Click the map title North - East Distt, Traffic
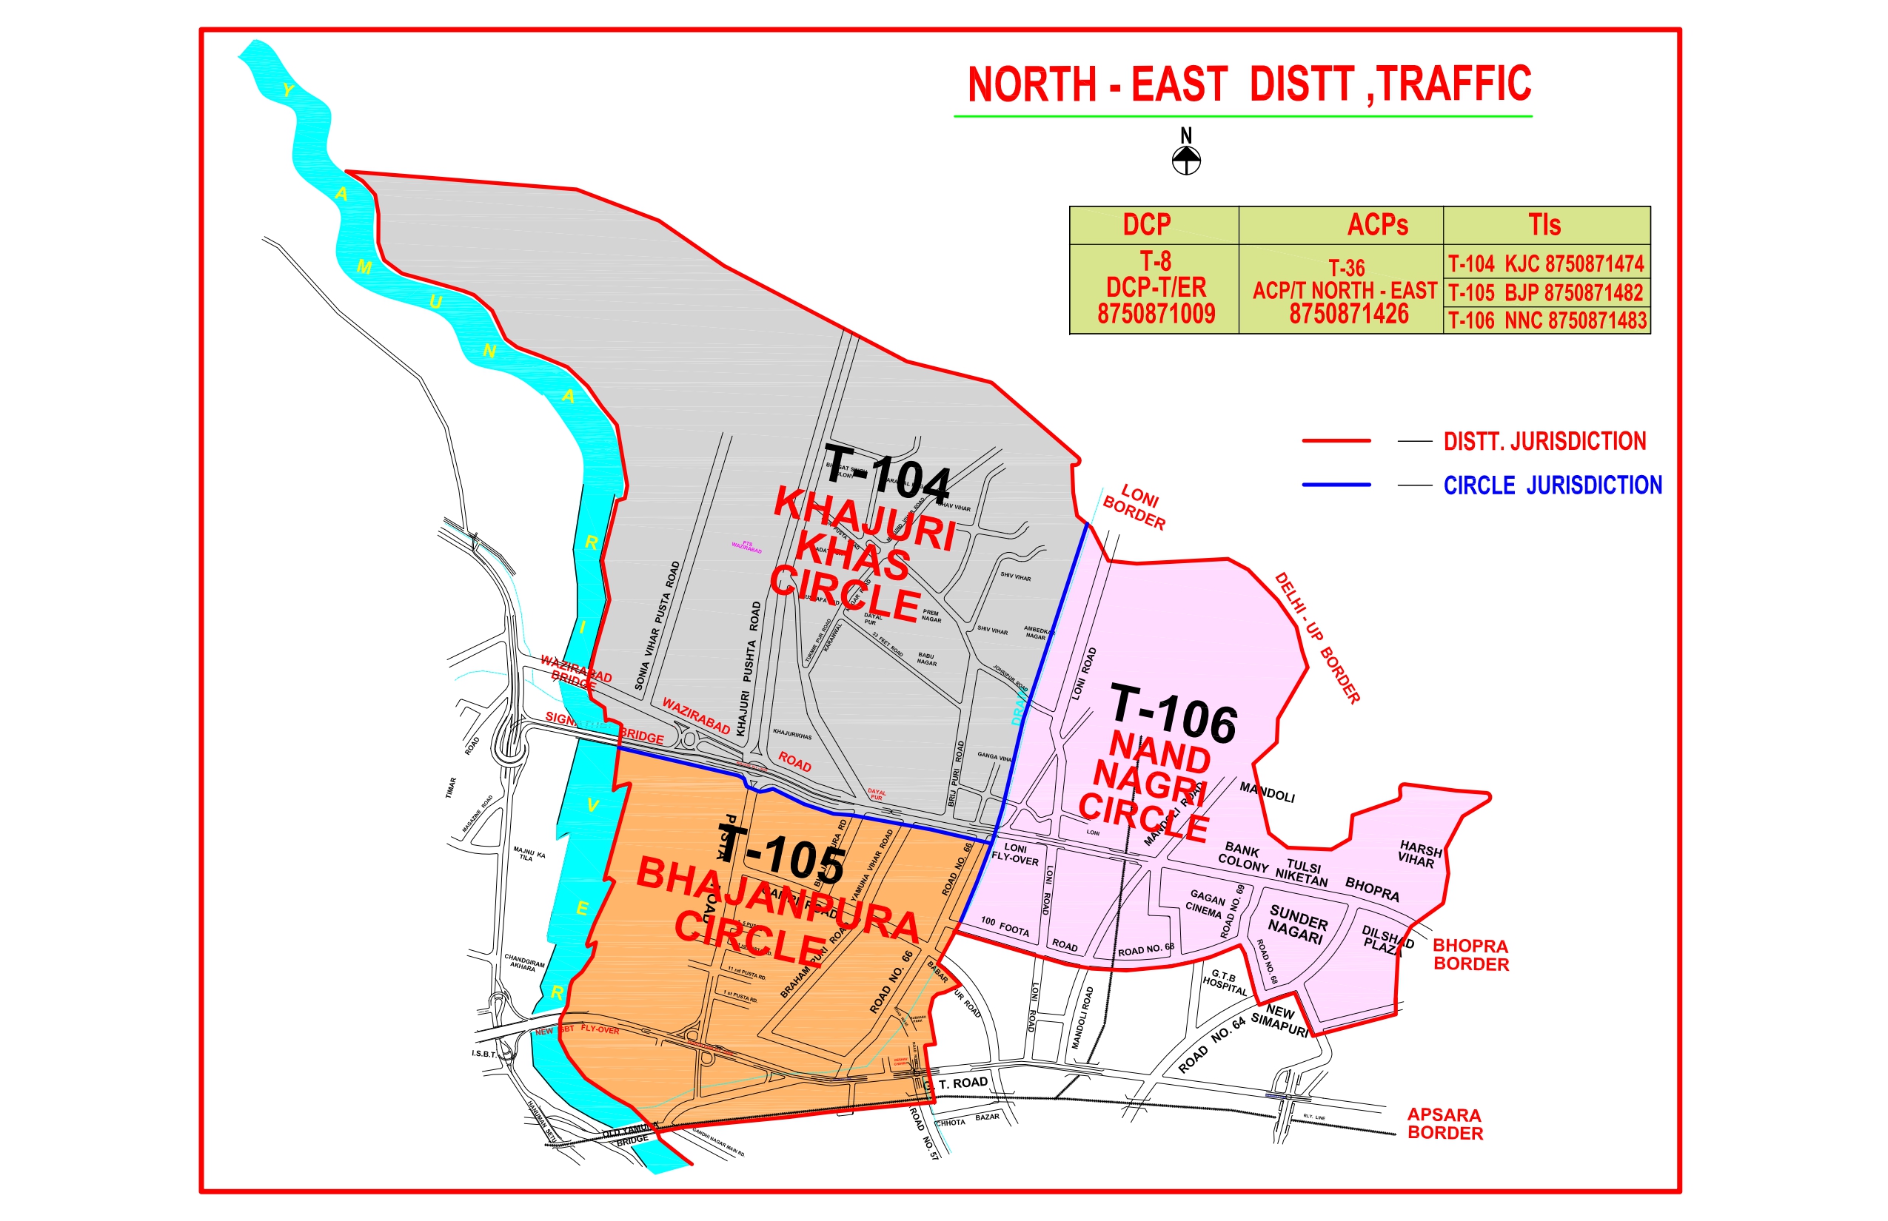1250,84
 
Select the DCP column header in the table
1146,225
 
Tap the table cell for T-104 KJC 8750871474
1546,263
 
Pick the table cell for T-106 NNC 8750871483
1547,320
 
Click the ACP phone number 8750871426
1348,314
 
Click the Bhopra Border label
1470,955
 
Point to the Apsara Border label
1445,1123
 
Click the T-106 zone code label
1174,713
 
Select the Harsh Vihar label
1419,854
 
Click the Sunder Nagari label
1297,924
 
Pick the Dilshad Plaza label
1387,941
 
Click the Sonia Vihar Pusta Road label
657,625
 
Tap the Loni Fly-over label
1015,854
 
